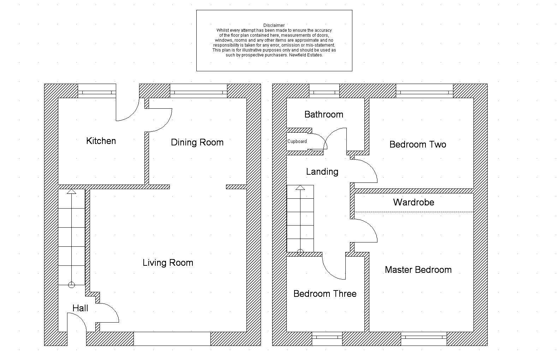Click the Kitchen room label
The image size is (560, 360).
point(101,141)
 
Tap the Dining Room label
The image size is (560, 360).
point(197,142)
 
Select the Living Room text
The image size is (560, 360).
point(168,263)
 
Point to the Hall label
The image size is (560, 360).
point(80,308)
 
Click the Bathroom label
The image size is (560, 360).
point(323,114)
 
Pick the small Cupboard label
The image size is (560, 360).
point(297,142)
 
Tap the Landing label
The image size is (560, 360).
point(322,172)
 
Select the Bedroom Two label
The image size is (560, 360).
point(418,144)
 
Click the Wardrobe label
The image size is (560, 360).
point(413,202)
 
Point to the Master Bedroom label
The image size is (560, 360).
point(418,270)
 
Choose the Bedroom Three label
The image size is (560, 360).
point(325,294)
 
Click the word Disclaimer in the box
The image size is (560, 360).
point(274,25)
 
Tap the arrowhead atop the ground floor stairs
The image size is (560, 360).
point(72,191)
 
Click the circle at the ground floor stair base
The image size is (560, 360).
point(72,285)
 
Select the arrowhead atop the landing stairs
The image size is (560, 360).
point(300,187)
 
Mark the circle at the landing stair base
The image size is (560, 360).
point(300,252)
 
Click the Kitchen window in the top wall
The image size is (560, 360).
point(97,92)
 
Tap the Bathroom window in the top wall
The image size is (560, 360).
point(324,92)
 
